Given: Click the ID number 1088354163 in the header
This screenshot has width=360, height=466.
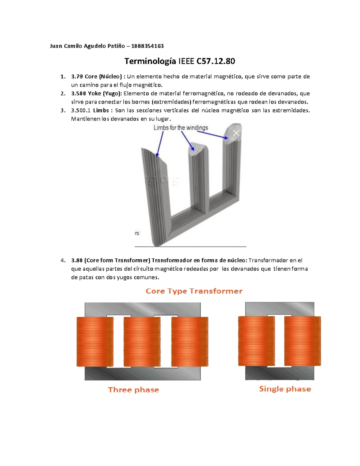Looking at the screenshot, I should pyautogui.click(x=147, y=46).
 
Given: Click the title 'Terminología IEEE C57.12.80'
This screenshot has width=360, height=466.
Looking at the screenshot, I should pyautogui.click(x=180, y=61).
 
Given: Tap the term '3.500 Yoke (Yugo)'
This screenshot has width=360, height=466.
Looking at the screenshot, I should pyautogui.click(x=96, y=93).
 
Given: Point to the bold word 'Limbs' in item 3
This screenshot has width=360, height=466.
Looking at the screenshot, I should pyautogui.click(x=101, y=110).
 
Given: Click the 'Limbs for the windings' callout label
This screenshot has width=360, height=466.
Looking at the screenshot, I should pyautogui.click(x=181, y=128).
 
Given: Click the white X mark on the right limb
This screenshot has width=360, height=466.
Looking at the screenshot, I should pyautogui.click(x=236, y=133).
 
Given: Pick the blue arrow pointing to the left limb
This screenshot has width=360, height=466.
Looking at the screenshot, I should pyautogui.click(x=160, y=144).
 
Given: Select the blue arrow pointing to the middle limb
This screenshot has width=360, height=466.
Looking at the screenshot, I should pyautogui.click(x=187, y=141).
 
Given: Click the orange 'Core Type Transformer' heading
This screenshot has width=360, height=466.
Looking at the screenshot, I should pyautogui.click(x=194, y=291).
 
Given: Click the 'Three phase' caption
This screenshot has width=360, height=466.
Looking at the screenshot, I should pyautogui.click(x=133, y=390).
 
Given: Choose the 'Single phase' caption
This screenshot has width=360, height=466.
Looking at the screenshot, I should pyautogui.click(x=285, y=389).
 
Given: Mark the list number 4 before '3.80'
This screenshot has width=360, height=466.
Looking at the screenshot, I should pyautogui.click(x=63, y=260).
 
